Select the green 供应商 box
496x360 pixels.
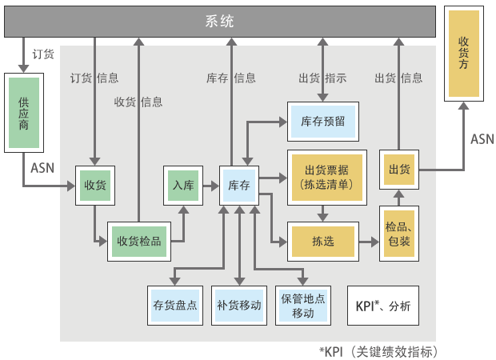pyautogui.click(x=23, y=114)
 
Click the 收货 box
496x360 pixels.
pyautogui.click(x=95, y=186)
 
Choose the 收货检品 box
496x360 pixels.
pyautogui.click(x=139, y=241)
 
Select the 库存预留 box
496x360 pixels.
pyautogui.click(x=323, y=122)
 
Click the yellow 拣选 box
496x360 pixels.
pyautogui.click(x=323, y=242)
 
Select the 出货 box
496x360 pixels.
pyautogui.click(x=398, y=170)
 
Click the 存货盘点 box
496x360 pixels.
pyautogui.click(x=174, y=306)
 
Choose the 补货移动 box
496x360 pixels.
pyautogui.click(x=239, y=306)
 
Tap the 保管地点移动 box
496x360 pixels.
pyautogui.click(x=303, y=306)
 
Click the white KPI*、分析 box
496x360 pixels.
pyautogui.click(x=382, y=306)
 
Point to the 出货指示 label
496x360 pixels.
pyautogui.click(x=322, y=78)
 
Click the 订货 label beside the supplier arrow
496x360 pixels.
pyautogui.click(x=43, y=54)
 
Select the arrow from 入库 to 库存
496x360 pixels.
pyautogui.click(x=210, y=186)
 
